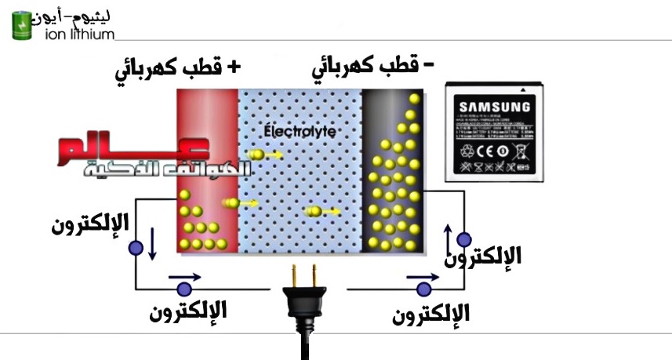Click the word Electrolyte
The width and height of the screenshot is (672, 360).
pos(300,131)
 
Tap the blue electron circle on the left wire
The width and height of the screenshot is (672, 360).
pos(136,248)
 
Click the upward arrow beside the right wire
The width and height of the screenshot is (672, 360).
pos(448,236)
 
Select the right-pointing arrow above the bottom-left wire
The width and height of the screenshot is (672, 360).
pos(184,277)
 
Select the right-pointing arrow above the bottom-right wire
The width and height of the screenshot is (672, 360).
pos(420,277)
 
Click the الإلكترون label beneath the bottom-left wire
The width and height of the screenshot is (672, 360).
pos(188,310)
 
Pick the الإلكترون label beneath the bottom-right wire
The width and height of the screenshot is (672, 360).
pos(431,312)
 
